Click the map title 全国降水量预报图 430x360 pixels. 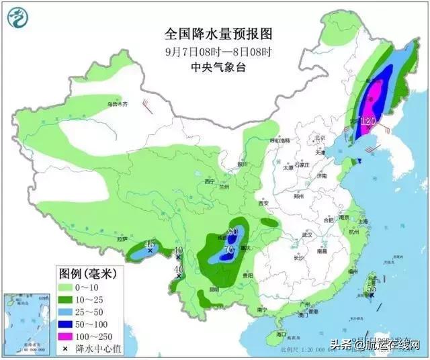[x=210, y=33]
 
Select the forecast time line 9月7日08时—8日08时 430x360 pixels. [x=210, y=50]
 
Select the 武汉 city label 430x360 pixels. [x=308, y=234]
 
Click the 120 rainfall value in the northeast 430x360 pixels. [x=367, y=122]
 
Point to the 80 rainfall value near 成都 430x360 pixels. [x=233, y=232]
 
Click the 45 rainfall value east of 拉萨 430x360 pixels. [x=150, y=244]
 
